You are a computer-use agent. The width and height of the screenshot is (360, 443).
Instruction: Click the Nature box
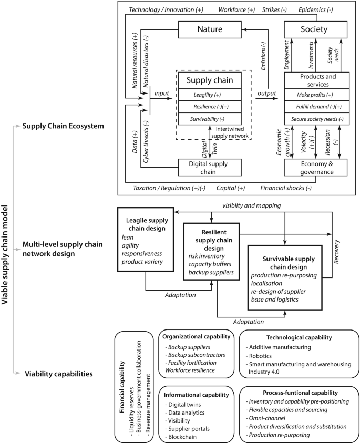point(209,29)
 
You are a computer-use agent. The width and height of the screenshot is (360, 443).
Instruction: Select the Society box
point(314,29)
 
